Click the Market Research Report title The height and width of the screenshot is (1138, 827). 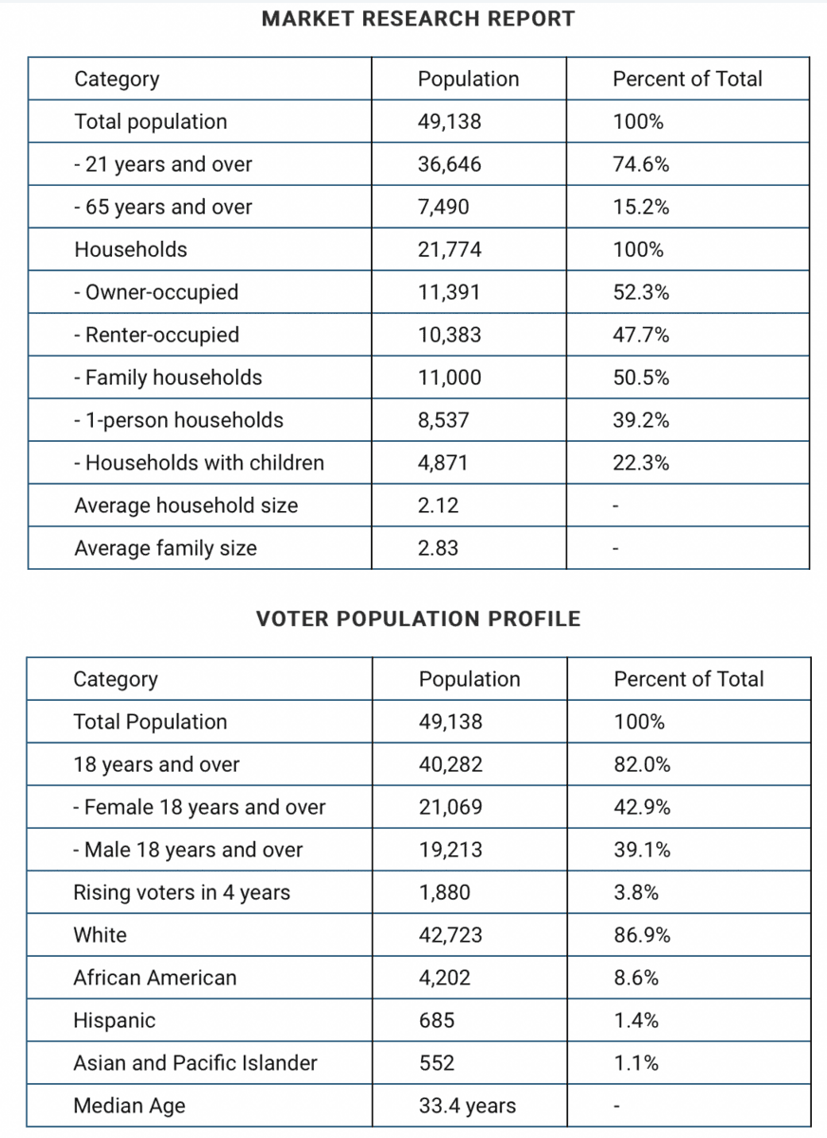418,19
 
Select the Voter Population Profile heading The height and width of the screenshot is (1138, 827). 418,618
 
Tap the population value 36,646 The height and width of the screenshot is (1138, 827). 450,164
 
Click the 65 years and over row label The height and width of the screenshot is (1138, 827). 163,207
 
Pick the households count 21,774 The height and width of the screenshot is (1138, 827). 450,249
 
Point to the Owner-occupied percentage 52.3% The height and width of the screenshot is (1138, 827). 641,292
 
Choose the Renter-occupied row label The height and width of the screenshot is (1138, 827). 156,335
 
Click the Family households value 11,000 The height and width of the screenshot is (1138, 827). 450,377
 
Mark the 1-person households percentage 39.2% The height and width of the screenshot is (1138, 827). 641,420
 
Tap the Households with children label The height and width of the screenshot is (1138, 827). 199,463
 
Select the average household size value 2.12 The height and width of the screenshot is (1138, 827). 438,505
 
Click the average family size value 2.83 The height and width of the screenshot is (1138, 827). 438,548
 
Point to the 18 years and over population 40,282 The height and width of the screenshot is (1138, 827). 450,764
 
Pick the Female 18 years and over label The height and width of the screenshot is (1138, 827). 199,807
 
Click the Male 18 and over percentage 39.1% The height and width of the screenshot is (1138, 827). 642,850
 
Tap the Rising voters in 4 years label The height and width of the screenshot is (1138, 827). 182,892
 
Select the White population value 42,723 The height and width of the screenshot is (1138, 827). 450,935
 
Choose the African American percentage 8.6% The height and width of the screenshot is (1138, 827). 636,978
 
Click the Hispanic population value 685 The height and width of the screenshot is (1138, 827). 437,1020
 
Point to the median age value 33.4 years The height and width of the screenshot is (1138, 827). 468,1106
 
